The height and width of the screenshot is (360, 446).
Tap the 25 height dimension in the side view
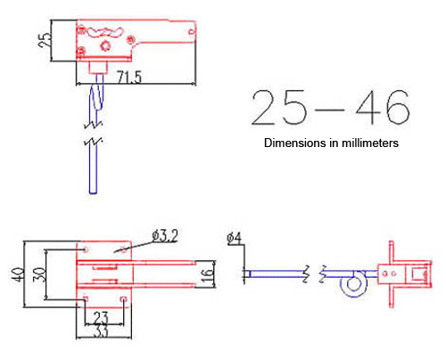[x=44, y=40]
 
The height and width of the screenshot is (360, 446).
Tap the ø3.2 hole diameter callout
[x=167, y=235]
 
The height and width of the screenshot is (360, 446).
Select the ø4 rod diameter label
[x=233, y=237]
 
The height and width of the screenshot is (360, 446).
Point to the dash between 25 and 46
[x=329, y=110]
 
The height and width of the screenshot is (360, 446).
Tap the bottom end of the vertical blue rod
[x=94, y=191]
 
